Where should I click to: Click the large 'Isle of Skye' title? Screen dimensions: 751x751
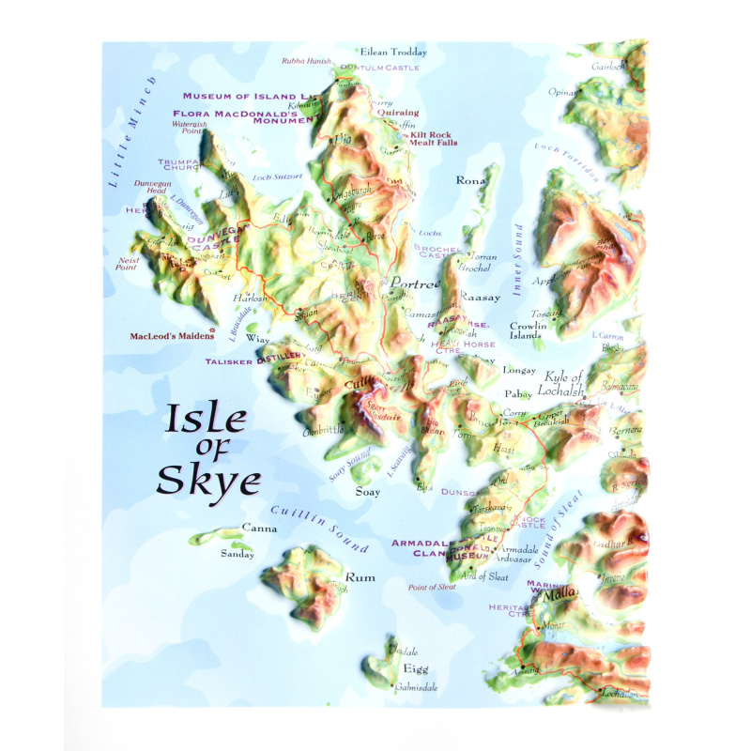click(x=207, y=450)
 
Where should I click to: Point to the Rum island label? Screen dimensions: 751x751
click(x=360, y=577)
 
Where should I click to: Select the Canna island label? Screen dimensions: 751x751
click(x=259, y=529)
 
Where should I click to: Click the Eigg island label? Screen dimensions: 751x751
click(x=415, y=668)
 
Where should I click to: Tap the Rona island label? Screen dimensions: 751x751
click(x=469, y=180)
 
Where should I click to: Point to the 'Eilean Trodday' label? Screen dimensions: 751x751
click(x=393, y=53)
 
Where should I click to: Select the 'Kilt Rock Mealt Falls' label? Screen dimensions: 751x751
click(x=432, y=139)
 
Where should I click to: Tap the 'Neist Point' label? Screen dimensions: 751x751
click(x=126, y=264)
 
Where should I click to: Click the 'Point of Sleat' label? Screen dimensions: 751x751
click(x=432, y=587)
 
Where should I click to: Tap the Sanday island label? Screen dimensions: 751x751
click(x=237, y=555)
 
